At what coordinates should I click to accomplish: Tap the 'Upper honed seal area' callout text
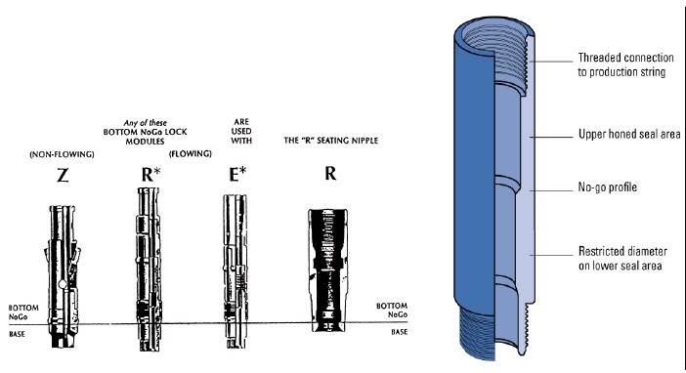625,132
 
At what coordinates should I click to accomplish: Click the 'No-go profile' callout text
607,186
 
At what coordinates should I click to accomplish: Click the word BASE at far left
15,332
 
